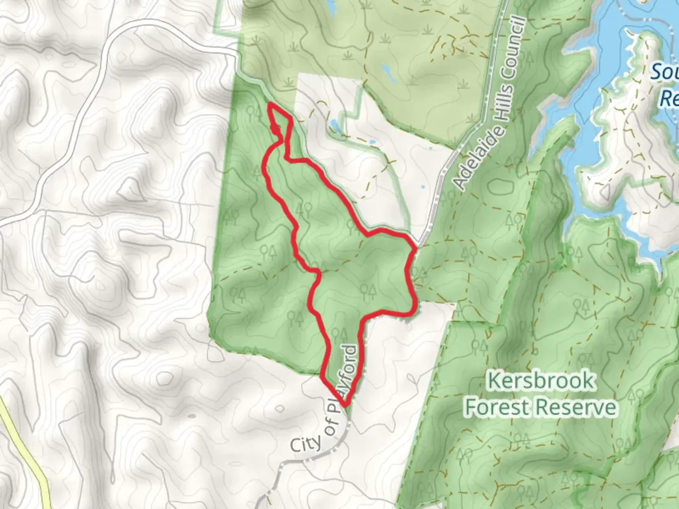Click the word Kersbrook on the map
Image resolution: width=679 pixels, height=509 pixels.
[540, 380]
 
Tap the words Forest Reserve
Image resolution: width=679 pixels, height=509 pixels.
[540, 407]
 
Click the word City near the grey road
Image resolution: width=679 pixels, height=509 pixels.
[305, 443]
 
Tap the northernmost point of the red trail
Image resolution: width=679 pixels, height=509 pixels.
[270, 104]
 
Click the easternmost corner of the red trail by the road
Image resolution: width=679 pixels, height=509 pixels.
[415, 246]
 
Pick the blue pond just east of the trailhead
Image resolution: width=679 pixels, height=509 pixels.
[334, 125]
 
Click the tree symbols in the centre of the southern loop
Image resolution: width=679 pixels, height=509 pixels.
[367, 291]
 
